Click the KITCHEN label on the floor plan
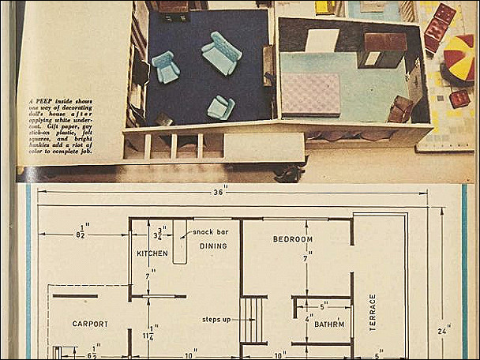pyautogui.click(x=152, y=253)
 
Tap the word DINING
pyautogui.click(x=213, y=246)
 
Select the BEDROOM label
pyautogui.click(x=293, y=239)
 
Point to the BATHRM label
pyautogui.click(x=329, y=324)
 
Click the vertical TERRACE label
pyautogui.click(x=373, y=312)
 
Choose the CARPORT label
pyautogui.click(x=90, y=324)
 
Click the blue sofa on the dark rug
pyautogui.click(x=221, y=53)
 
